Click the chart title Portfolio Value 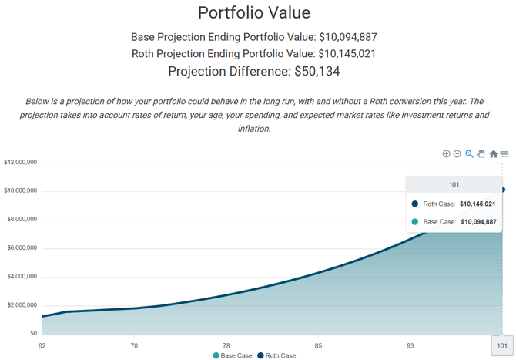[x=254, y=13]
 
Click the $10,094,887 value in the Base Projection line [x=347, y=37]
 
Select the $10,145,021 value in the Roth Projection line [x=347, y=54]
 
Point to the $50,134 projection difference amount [x=317, y=72]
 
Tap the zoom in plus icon [x=446, y=154]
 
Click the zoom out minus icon [x=457, y=154]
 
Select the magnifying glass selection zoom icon [x=469, y=154]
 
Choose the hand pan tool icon [x=481, y=154]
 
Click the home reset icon [x=494, y=154]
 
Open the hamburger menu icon [x=504, y=154]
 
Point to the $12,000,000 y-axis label [x=21, y=163]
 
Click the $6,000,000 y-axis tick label [x=22, y=248]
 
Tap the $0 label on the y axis [x=32, y=334]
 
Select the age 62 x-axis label [x=42, y=345]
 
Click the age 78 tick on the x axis [x=226, y=345]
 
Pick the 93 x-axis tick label [x=410, y=345]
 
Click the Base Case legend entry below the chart [x=233, y=355]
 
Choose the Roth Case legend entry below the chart [x=276, y=355]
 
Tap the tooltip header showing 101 [x=454, y=185]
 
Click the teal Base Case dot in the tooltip [x=415, y=222]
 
